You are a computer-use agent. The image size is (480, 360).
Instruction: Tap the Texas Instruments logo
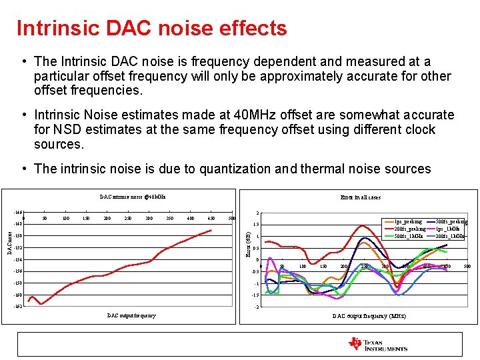(x=378, y=344)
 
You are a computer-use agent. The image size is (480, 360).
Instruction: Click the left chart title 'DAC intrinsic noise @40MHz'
(x=133, y=197)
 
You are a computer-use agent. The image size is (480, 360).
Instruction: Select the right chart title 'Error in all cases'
(x=360, y=197)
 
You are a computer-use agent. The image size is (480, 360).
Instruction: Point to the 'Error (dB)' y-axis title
(x=248, y=244)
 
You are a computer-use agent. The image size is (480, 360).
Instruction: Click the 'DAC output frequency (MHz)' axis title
(x=369, y=315)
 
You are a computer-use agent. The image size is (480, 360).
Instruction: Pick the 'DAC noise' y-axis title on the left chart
(x=9, y=241)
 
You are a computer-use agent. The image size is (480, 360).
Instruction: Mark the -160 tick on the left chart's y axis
(x=18, y=295)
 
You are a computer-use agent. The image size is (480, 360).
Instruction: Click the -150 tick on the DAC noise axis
(x=18, y=236)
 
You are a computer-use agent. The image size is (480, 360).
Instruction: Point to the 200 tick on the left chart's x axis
(x=107, y=218)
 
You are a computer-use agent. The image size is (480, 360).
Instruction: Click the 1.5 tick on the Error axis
(x=256, y=225)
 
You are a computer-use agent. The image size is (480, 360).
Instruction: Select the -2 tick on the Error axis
(x=257, y=307)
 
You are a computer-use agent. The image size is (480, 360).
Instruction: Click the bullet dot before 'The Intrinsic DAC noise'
(x=24, y=62)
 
